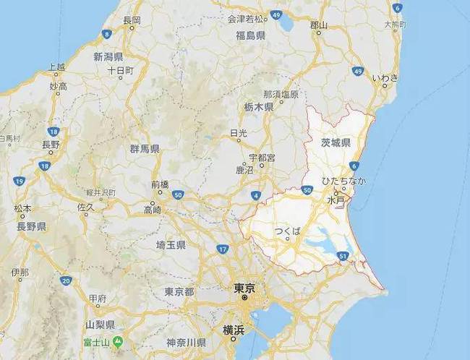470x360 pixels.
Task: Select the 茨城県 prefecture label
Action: [x=336, y=142]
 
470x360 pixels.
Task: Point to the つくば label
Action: [x=287, y=231]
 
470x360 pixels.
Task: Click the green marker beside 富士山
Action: [x=118, y=340]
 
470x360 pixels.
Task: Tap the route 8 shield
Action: [x=107, y=33]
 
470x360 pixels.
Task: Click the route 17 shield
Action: [x=223, y=249]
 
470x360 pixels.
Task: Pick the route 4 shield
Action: [x=256, y=196]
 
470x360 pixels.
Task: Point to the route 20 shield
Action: [x=66, y=280]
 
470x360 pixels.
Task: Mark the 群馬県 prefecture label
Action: [x=145, y=149]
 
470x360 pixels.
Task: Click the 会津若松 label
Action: [x=244, y=17]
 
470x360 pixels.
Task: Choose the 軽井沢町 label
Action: [x=101, y=193]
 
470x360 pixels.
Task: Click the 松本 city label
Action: [x=22, y=208]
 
